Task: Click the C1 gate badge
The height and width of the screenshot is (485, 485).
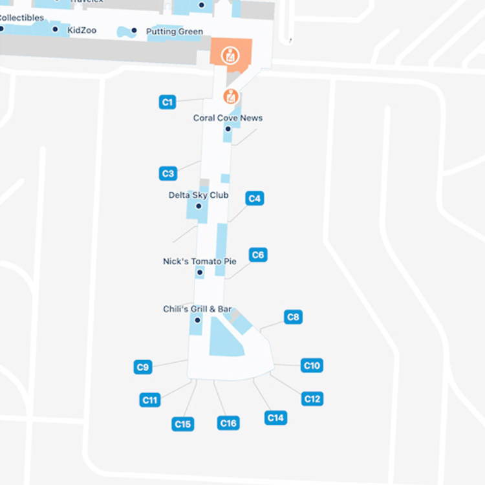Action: [x=167, y=102]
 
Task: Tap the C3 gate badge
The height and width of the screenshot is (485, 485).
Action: [x=168, y=173]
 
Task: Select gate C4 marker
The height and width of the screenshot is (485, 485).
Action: [x=255, y=199]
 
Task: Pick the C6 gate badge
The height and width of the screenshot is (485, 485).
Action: [x=258, y=255]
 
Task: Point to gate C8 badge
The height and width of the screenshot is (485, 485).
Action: [x=293, y=317]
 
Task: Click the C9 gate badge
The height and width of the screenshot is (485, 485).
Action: [x=143, y=367]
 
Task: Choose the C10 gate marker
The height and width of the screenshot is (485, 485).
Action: [x=312, y=365]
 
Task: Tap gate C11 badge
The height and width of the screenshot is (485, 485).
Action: [x=149, y=400]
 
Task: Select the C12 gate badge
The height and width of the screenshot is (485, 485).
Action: [x=312, y=398]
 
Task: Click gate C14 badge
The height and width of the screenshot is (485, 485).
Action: [x=275, y=418]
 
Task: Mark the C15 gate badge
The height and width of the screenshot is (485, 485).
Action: [x=183, y=424]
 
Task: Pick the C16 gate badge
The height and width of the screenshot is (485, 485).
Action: [x=228, y=423]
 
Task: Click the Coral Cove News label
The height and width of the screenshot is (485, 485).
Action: [x=228, y=118]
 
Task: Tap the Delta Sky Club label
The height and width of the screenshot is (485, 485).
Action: [x=198, y=195]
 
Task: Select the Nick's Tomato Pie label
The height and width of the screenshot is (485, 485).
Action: [x=199, y=262]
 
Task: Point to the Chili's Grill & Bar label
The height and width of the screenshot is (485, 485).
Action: [x=197, y=310]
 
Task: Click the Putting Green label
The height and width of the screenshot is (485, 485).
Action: [x=174, y=32]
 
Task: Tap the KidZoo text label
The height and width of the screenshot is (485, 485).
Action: [x=81, y=30]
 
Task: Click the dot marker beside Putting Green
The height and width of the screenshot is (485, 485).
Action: [x=134, y=30]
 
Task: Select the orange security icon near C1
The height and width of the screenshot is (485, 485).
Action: [x=230, y=97]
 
